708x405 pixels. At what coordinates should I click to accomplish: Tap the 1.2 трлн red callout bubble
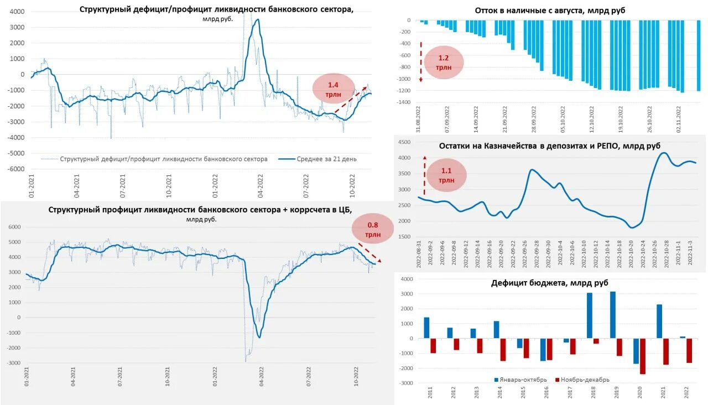tap(444, 62)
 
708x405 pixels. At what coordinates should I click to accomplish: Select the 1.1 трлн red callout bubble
tap(446, 175)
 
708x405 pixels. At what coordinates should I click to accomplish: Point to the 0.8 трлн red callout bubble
tap(373, 229)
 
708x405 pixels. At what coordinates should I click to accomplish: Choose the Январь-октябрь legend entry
tap(520, 380)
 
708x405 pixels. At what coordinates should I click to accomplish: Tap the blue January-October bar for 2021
tap(659, 321)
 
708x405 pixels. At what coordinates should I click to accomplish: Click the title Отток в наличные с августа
tap(550, 11)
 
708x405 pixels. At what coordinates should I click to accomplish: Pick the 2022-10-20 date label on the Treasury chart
tap(631, 255)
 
